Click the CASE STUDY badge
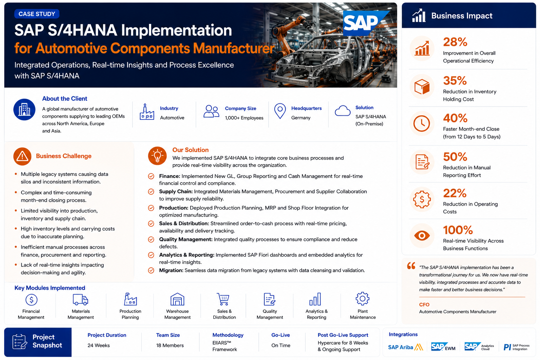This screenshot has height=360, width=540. pyautogui.click(x=37, y=14)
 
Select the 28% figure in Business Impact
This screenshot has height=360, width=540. pyautogui.click(x=455, y=42)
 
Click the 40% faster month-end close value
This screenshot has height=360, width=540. pyautogui.click(x=455, y=118)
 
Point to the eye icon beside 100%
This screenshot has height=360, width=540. pyautogui.click(x=422, y=235)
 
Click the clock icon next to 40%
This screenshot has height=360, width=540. pyautogui.click(x=422, y=123)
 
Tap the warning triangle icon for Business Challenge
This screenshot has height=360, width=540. pyautogui.click(x=22, y=156)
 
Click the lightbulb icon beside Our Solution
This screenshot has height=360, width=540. pyautogui.click(x=157, y=156)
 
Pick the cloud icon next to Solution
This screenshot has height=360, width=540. pyautogui.click(x=342, y=111)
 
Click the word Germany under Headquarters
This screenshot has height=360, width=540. pyautogui.click(x=301, y=118)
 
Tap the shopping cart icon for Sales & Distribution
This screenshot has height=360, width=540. pyautogui.click(x=223, y=299)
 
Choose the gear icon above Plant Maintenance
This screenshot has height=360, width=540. pyautogui.click(x=362, y=299)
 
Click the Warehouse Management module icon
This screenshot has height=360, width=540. pyautogui.click(x=177, y=299)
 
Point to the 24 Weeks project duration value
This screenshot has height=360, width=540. pyautogui.click(x=98, y=345)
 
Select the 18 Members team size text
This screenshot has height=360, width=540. pyautogui.click(x=170, y=345)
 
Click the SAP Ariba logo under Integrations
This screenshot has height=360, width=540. pyautogui.click(x=406, y=347)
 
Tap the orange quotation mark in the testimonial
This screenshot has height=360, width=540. pyautogui.click(x=411, y=266)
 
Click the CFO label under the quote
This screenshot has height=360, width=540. pyautogui.click(x=424, y=304)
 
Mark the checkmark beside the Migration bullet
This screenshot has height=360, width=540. pyautogui.click(x=151, y=271)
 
